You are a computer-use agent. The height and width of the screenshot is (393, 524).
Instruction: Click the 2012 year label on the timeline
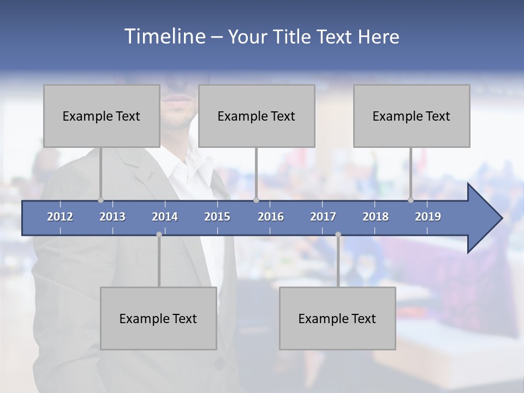point(60,217)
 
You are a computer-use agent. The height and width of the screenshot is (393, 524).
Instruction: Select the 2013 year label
point(112,217)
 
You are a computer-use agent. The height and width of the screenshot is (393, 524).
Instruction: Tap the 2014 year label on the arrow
point(165,217)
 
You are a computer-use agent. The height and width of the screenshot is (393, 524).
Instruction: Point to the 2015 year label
point(217,217)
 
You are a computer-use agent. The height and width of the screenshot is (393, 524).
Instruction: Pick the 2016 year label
point(271,217)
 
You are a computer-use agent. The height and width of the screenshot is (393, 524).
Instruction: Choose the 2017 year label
point(323,217)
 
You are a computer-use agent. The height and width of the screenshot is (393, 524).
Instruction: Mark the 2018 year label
point(376,217)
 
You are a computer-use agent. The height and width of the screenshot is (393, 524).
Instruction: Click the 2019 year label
point(428,217)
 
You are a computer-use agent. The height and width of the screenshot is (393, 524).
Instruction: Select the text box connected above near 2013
point(102,116)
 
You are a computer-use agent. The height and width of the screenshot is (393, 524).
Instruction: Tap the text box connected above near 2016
point(257,116)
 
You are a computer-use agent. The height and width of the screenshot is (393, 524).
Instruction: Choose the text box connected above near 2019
point(412,116)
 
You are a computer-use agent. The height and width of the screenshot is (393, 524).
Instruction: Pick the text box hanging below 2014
point(158,318)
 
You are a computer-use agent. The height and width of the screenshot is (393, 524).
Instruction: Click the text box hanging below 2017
point(337,318)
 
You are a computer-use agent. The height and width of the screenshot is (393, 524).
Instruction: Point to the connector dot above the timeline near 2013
point(100,200)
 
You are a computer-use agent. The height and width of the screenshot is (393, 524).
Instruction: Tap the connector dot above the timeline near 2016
point(257,200)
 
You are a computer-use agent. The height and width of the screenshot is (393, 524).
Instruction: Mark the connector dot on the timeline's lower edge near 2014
point(159,234)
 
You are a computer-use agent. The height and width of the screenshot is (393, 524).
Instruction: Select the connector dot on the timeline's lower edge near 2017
point(338,234)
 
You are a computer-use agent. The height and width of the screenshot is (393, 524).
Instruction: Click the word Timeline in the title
point(164,36)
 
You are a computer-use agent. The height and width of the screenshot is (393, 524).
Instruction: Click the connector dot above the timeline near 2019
point(410,200)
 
